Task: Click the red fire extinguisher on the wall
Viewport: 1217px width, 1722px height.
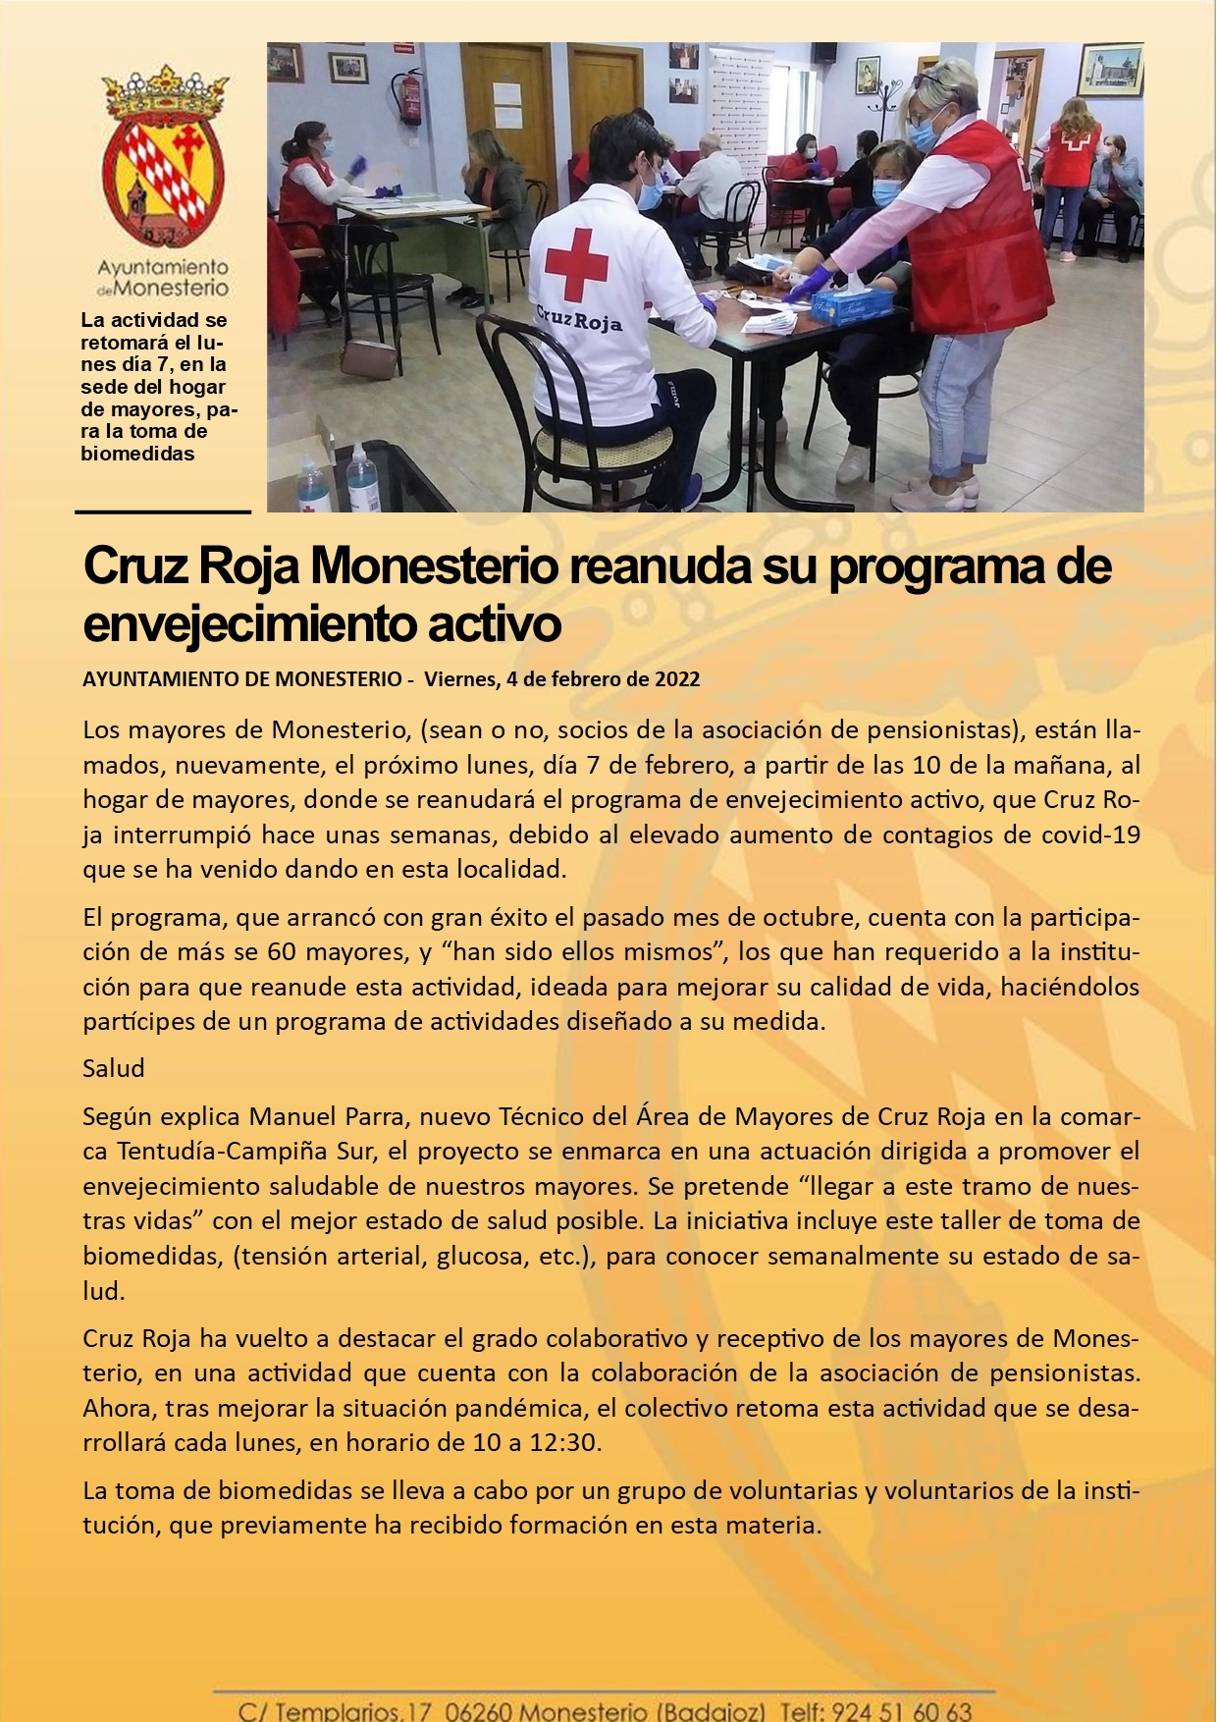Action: point(409,100)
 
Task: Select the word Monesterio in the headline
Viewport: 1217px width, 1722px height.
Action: point(431,567)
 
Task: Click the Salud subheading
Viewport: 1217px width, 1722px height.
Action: point(114,1068)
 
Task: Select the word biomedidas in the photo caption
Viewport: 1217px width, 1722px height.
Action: point(137,454)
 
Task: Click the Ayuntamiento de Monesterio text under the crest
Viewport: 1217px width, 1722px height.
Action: point(163,278)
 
